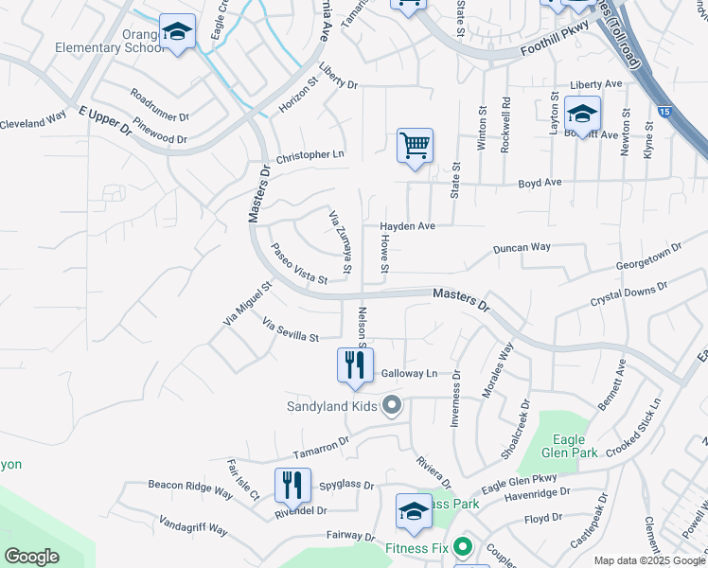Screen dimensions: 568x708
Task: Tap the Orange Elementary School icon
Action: pos(177,32)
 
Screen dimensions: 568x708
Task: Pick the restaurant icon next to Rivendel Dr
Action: pos(292,486)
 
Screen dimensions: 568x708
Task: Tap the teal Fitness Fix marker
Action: pos(463,547)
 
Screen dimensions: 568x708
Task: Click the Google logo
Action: pos(32,556)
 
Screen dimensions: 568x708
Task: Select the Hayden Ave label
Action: pos(407,226)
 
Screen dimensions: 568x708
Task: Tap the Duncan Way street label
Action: pos(522,247)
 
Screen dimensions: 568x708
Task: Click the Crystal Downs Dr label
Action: pos(628,293)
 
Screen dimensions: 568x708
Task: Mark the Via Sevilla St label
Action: pos(291,330)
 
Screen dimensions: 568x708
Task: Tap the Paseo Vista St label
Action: pos(298,264)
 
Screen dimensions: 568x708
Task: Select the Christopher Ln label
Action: pos(310,155)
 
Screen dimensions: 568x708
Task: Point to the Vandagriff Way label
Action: pos(193,528)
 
